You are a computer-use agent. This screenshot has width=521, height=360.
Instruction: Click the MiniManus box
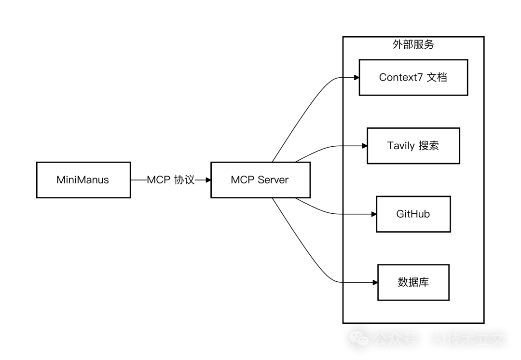click(x=83, y=180)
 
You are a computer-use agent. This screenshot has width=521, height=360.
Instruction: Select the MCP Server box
click(x=260, y=180)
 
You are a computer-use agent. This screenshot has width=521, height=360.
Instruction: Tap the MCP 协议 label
click(x=171, y=180)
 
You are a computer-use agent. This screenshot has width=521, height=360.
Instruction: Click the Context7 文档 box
click(x=413, y=77)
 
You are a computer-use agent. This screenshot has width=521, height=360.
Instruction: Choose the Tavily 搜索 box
click(x=413, y=146)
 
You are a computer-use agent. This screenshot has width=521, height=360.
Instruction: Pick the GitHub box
click(x=413, y=214)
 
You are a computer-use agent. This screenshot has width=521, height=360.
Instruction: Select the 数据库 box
click(x=413, y=282)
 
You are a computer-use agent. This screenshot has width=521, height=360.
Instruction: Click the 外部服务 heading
click(x=413, y=44)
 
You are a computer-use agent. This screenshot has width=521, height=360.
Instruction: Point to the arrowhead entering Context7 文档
click(x=356, y=77)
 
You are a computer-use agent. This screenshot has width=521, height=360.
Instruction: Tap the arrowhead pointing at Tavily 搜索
click(x=365, y=146)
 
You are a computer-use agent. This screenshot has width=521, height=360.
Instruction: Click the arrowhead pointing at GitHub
click(x=373, y=214)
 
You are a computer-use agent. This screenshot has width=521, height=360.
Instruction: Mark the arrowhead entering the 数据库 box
click(x=375, y=282)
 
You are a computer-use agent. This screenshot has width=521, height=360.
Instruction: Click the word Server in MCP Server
click(x=273, y=180)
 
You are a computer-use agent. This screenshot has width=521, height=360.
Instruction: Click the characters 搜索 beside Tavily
click(x=429, y=146)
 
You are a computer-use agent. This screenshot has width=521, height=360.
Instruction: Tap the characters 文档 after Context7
click(x=437, y=77)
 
